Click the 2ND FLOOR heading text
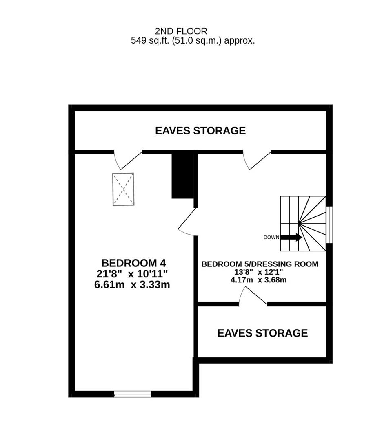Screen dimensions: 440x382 pyautogui.click(x=181, y=31)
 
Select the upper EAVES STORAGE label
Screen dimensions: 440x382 pyautogui.click(x=200, y=131)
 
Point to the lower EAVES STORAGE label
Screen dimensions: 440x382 pyautogui.click(x=262, y=333)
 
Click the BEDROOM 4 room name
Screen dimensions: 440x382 pyautogui.click(x=134, y=263)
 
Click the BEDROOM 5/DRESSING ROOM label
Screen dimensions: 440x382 pyautogui.click(x=260, y=264)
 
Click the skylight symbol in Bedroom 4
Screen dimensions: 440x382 pyautogui.click(x=123, y=189)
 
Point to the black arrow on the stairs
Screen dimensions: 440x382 pyautogui.click(x=292, y=237)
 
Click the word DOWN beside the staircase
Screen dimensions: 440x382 pyautogui.click(x=271, y=238)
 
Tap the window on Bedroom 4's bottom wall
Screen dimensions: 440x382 pyautogui.click(x=132, y=394)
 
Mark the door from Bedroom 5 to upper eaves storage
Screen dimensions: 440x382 pyautogui.click(x=257, y=160)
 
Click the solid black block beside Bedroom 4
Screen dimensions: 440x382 pyautogui.click(x=182, y=176)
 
